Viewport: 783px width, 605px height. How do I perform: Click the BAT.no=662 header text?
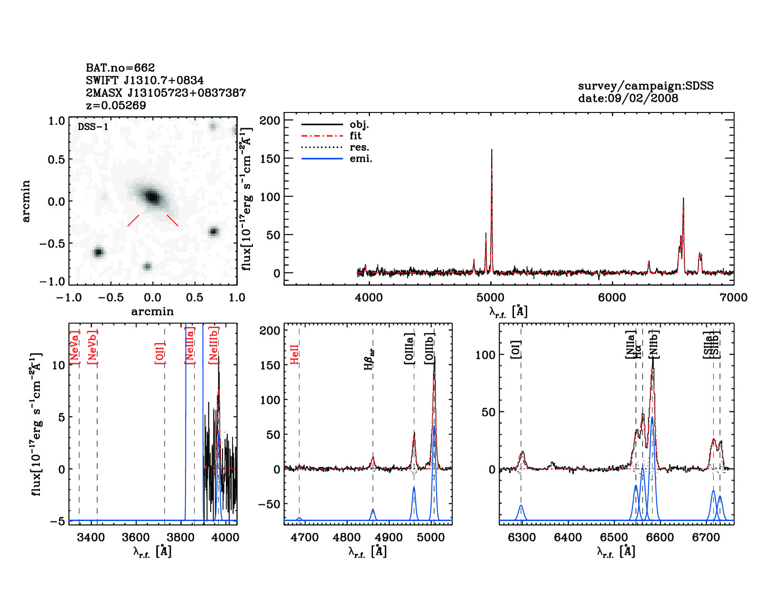tap(120, 68)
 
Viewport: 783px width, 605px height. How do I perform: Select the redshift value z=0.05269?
tap(116, 105)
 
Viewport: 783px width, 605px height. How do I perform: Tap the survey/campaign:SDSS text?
tap(645, 86)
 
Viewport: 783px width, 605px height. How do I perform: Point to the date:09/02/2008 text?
tap(628, 98)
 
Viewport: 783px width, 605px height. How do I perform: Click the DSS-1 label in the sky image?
tap(93, 127)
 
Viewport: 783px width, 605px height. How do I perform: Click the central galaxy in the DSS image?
tap(152, 196)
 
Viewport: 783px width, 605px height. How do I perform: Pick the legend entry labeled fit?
tap(355, 136)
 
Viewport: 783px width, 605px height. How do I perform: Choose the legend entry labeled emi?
tap(361, 158)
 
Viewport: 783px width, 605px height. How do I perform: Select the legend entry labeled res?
tap(359, 147)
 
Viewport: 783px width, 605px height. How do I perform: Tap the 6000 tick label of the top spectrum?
tap(612, 298)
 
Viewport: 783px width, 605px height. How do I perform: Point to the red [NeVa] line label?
tap(75, 348)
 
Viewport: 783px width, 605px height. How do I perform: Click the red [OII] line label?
tap(160, 353)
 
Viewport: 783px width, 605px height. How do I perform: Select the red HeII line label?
tap(295, 354)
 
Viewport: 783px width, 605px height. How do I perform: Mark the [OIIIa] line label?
tap(409, 349)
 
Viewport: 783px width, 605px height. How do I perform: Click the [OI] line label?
tap(516, 349)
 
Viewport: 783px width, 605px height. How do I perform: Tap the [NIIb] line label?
tap(654, 344)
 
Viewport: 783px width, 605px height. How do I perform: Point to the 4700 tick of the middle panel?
tap(305, 538)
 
